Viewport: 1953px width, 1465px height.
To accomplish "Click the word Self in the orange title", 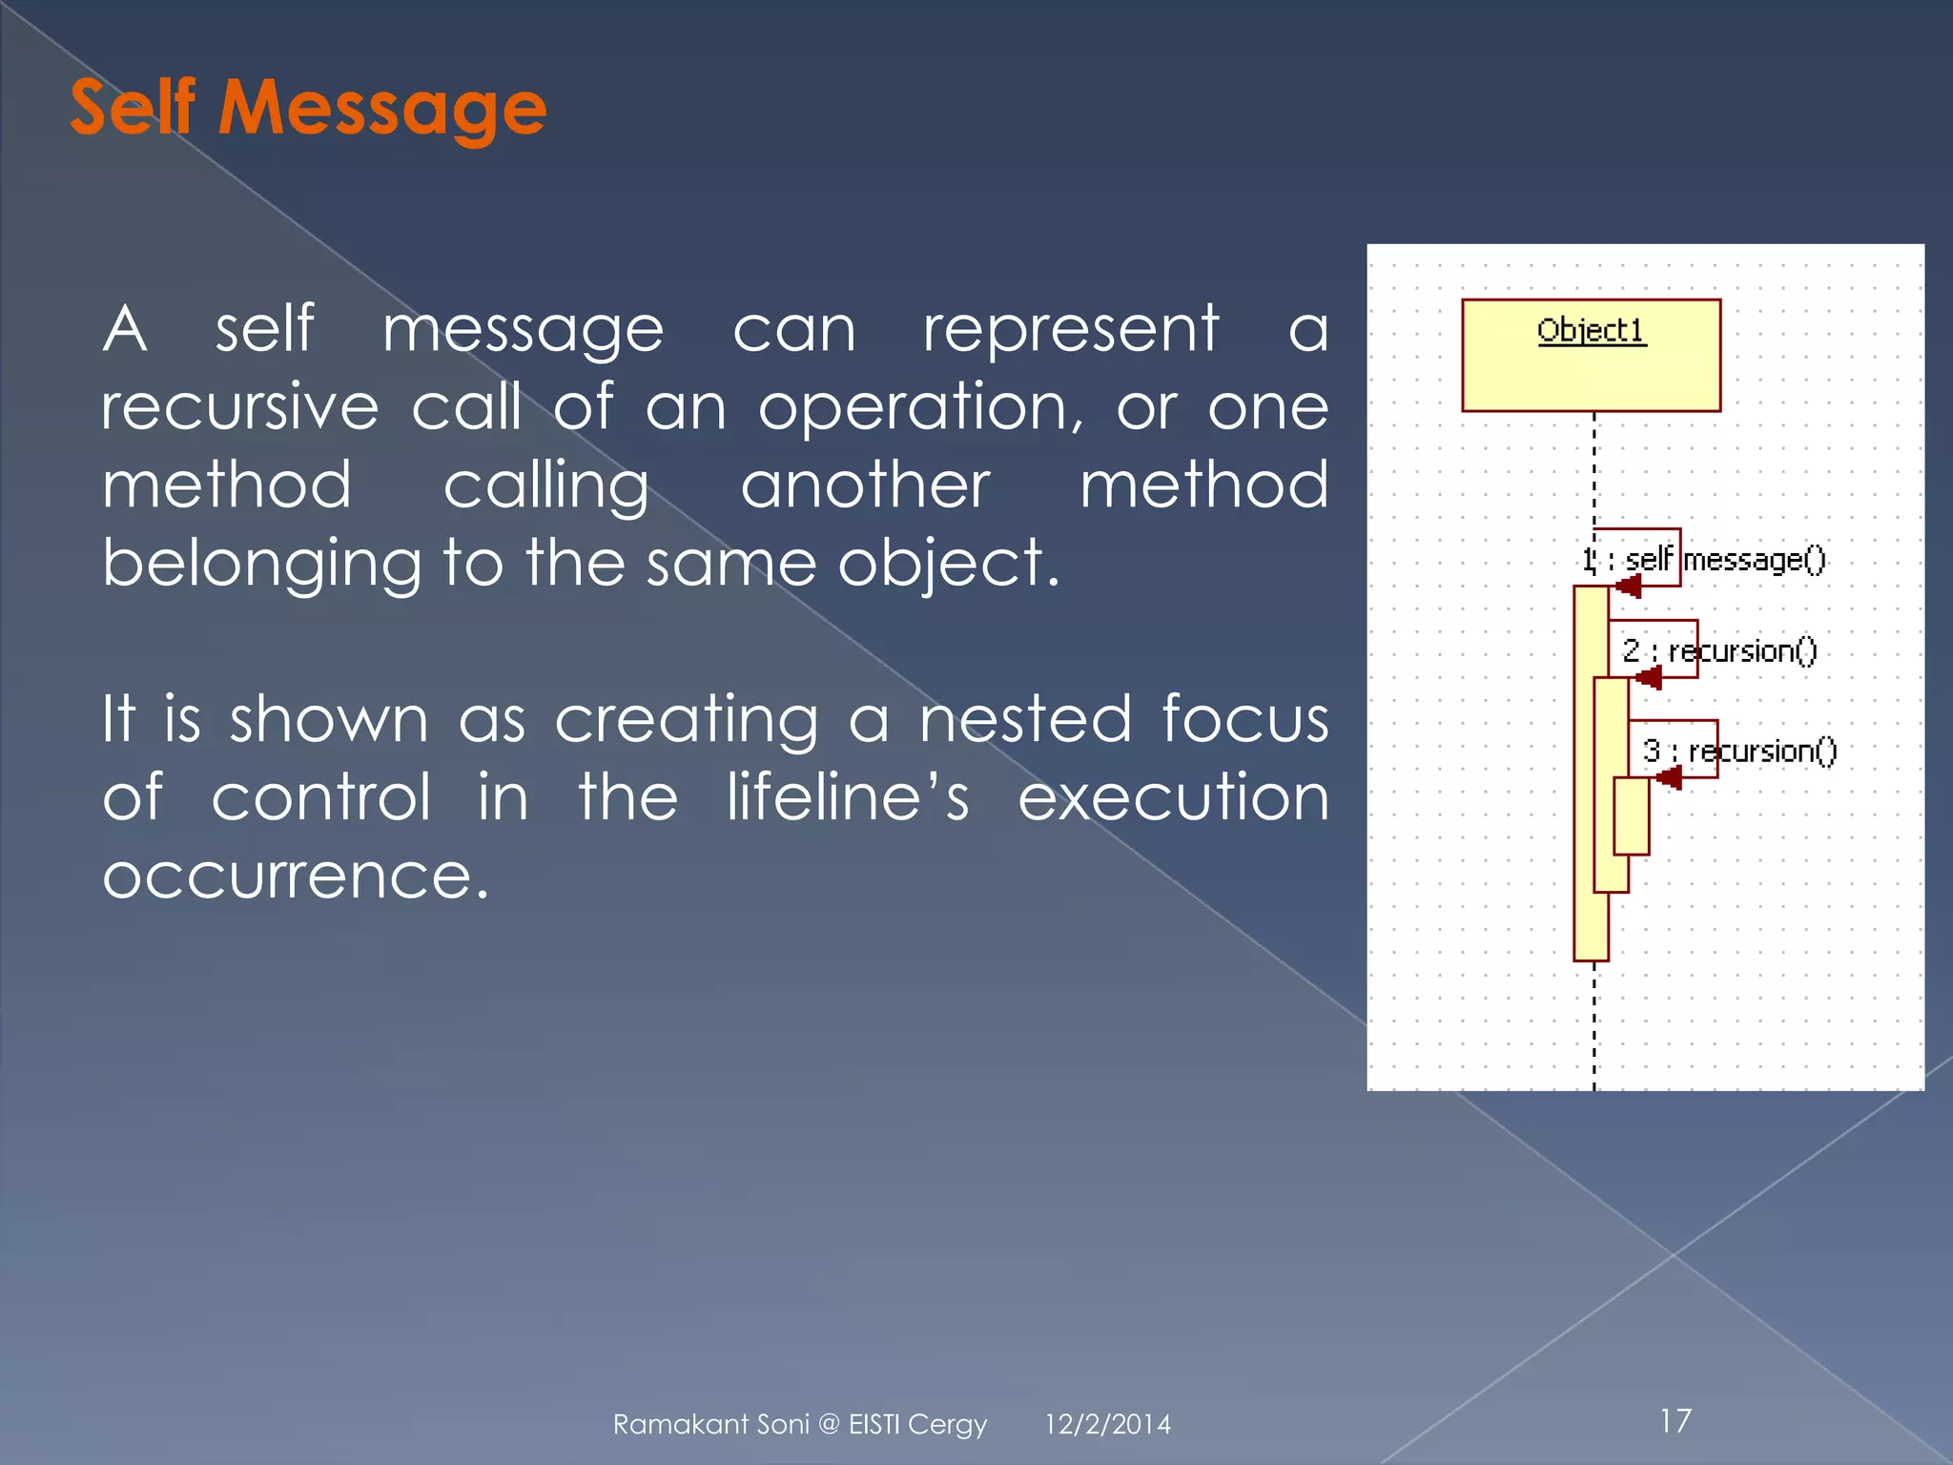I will [133, 107].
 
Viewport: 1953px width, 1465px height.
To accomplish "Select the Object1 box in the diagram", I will [1591, 356].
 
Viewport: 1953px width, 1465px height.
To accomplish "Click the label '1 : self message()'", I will [1703, 560].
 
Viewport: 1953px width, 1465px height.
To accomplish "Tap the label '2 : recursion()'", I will [1719, 651].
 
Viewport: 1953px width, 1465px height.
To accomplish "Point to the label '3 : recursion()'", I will [1739, 752].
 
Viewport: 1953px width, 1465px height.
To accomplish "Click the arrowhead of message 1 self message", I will [1628, 586].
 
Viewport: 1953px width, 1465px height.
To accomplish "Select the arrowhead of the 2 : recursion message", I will [1648, 677].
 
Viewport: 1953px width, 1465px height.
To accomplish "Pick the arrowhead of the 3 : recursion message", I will [1668, 777].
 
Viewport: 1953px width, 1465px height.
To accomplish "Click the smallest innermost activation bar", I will [1631, 816].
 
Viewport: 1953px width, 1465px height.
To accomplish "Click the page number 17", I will [1675, 1421].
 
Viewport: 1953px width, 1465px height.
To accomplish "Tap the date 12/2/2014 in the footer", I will [1107, 1424].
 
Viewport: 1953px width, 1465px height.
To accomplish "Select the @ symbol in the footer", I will [829, 1424].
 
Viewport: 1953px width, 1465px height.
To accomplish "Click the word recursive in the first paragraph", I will [240, 407].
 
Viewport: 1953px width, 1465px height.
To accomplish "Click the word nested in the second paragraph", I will [1025, 719].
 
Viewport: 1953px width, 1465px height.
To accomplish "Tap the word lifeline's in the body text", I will [848, 797].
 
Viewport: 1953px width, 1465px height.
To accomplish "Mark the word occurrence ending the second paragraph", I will [296, 876].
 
